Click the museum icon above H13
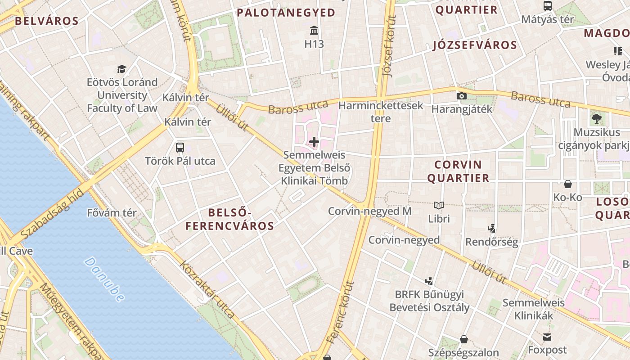tap(314, 31)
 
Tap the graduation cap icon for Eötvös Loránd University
tap(121, 69)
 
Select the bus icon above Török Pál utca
tap(180, 147)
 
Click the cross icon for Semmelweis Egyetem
tap(314, 142)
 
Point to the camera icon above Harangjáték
tap(461, 96)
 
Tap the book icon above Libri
tap(439, 206)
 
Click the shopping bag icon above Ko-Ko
tap(568, 184)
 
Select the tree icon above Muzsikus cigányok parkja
tap(597, 119)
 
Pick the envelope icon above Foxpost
tap(547, 337)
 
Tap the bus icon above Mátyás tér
tap(548, 6)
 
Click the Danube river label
tap(104, 279)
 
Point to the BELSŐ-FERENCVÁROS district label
tap(229, 219)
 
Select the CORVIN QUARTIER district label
tap(458, 171)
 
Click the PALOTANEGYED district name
tap(286, 13)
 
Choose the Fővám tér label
tap(112, 213)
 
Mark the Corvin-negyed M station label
tap(369, 211)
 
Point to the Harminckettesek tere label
tap(381, 112)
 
